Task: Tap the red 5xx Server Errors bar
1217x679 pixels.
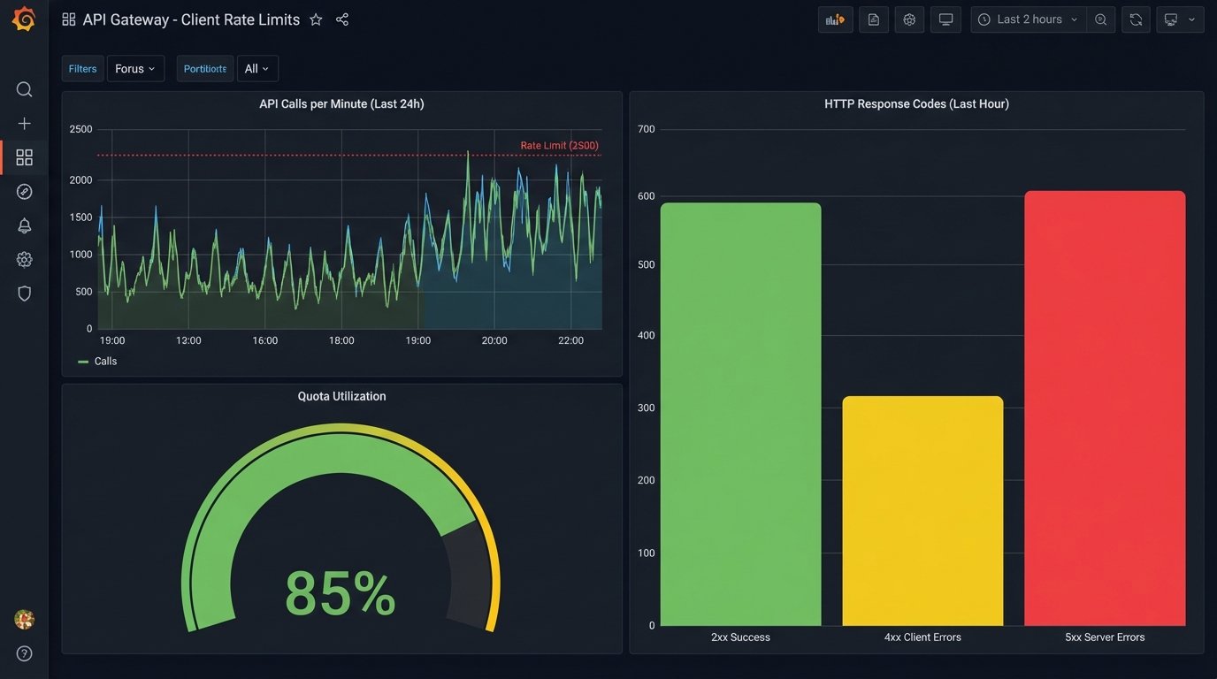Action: click(x=1105, y=408)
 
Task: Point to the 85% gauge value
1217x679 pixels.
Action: click(x=341, y=593)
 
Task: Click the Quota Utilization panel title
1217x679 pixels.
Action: click(x=341, y=396)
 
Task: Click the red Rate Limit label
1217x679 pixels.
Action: click(x=559, y=145)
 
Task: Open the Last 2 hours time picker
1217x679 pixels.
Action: click(x=1029, y=19)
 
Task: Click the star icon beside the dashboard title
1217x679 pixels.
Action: click(x=316, y=19)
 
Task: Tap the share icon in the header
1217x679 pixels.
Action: click(x=342, y=19)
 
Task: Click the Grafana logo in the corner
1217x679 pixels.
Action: click(x=24, y=19)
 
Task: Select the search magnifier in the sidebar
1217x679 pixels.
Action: click(x=24, y=89)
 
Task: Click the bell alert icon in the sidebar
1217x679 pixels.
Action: click(x=24, y=225)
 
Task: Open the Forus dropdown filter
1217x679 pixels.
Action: click(x=135, y=69)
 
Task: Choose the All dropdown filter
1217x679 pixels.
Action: click(x=256, y=69)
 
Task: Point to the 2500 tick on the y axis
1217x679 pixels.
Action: click(x=80, y=129)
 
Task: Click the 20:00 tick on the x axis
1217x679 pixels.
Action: click(x=494, y=340)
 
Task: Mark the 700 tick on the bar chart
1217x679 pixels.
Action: click(x=646, y=129)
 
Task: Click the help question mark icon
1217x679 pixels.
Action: click(x=24, y=653)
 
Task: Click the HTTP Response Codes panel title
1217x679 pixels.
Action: click(x=916, y=103)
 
